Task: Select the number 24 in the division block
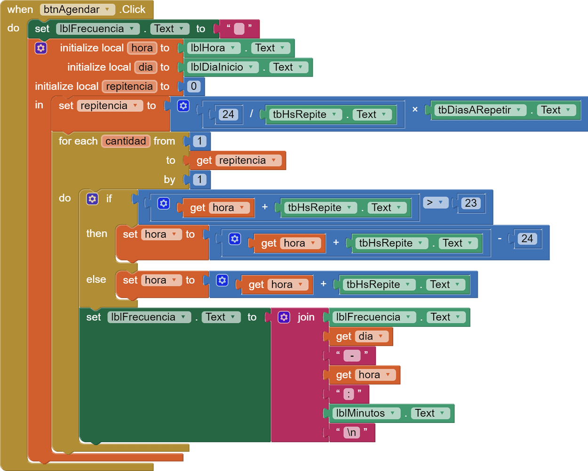pos(228,114)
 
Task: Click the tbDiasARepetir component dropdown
pos(479,110)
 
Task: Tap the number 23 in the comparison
pos(470,203)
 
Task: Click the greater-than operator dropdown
pos(435,203)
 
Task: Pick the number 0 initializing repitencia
pos(193,87)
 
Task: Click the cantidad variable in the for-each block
pos(125,141)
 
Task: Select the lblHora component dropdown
pos(213,48)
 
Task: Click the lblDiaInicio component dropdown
pos(222,67)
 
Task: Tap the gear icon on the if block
pos(92,199)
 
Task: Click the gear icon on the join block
pos(284,317)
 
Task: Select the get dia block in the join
pos(360,336)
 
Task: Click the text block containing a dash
pos(352,356)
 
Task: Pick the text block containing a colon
pos(349,394)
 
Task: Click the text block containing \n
pos(351,432)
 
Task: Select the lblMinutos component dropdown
pos(365,413)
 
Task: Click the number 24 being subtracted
pos(527,238)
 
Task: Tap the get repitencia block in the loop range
pos(238,161)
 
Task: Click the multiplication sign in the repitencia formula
pos(414,109)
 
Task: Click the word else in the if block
pos(96,279)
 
